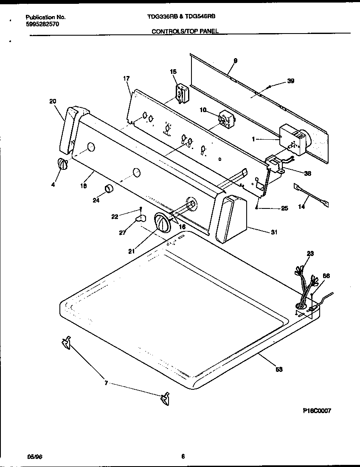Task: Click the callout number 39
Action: tap(290, 81)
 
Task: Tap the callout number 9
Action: tap(235, 61)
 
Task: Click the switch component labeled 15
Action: tap(181, 92)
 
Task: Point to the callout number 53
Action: tap(278, 369)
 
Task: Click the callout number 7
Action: tap(106, 383)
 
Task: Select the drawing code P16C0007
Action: tap(317, 411)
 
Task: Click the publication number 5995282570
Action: tap(42, 24)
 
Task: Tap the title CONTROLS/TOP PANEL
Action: tap(185, 31)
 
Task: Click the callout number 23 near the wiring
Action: tap(310, 253)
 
